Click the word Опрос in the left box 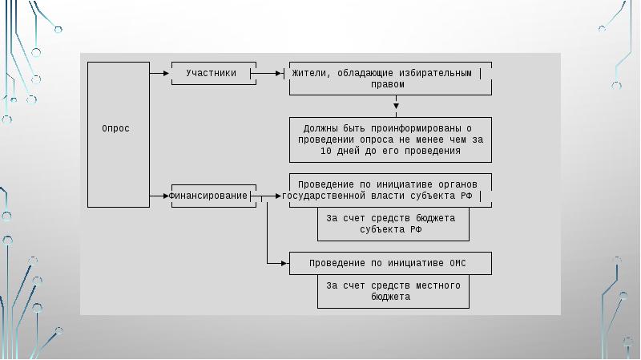click(x=115, y=128)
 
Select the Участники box click(x=214, y=73)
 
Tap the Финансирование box click(x=214, y=196)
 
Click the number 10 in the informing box click(x=326, y=151)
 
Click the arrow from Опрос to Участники click(x=159, y=73)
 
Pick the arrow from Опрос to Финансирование click(x=159, y=196)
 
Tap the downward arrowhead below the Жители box click(x=396, y=106)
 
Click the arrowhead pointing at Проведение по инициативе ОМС click(x=284, y=263)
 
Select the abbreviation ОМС click(x=458, y=263)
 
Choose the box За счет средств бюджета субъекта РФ click(x=393, y=224)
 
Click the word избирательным click(x=435, y=73)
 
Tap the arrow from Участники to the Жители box click(x=266, y=73)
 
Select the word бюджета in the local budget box click(x=390, y=297)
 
